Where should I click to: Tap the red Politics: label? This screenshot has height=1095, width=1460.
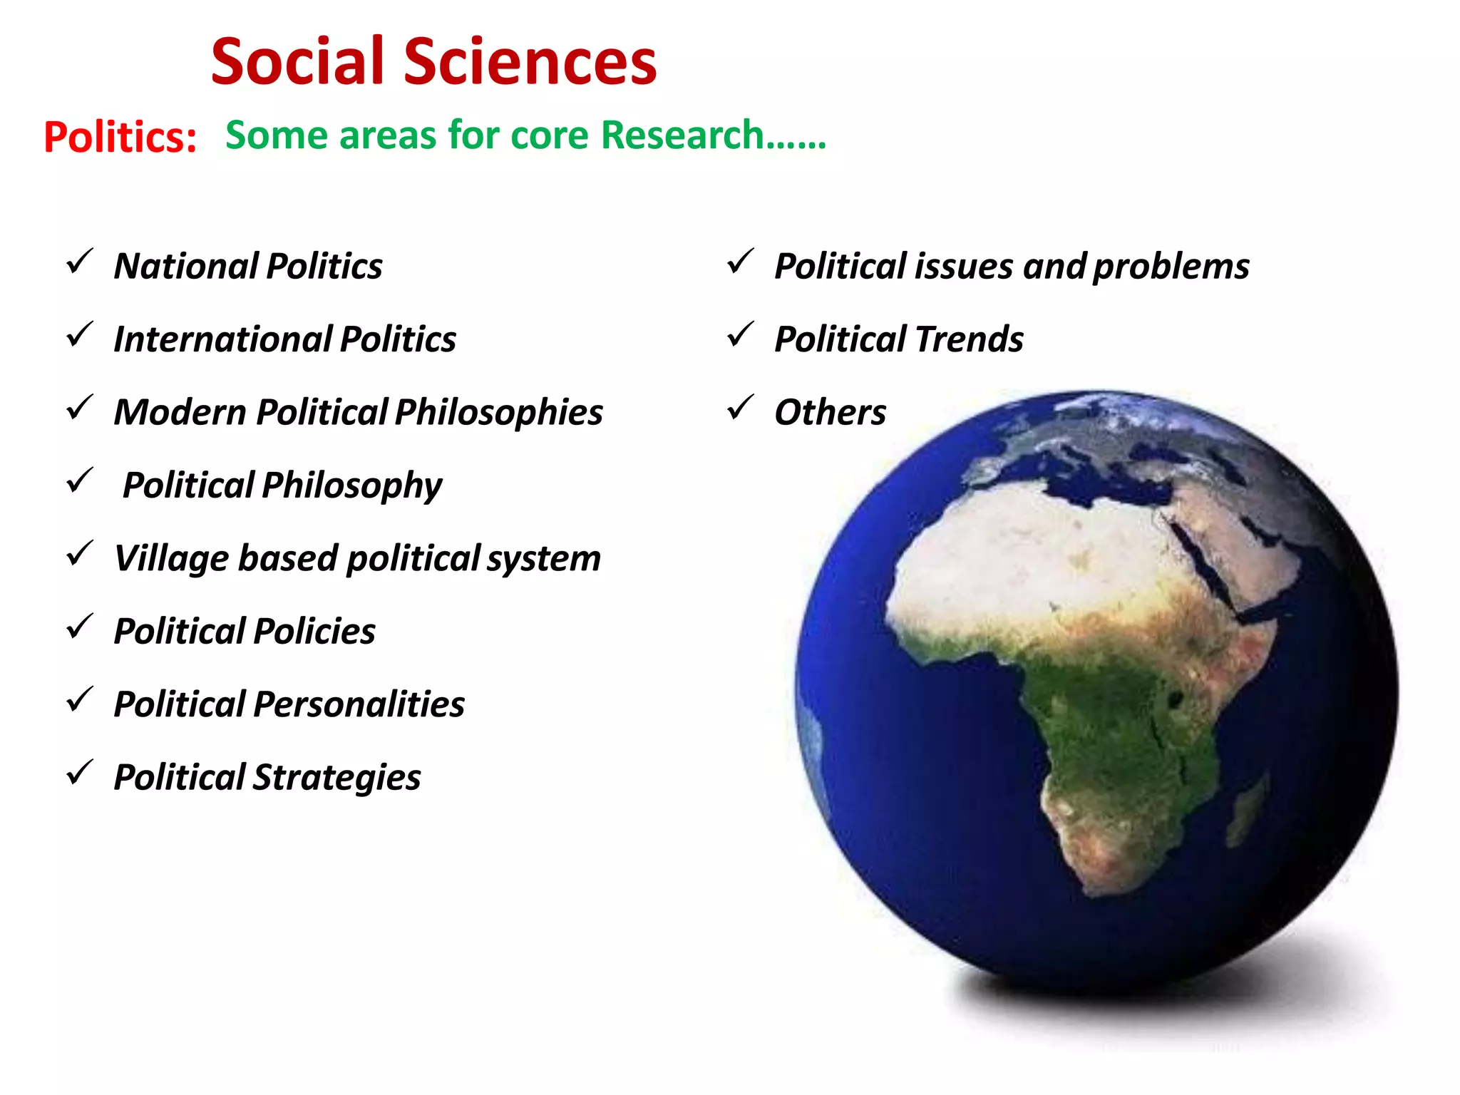pyautogui.click(x=120, y=136)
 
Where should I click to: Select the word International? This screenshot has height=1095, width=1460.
pyautogui.click(x=222, y=339)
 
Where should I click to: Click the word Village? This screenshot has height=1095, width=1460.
pyautogui.click(x=170, y=558)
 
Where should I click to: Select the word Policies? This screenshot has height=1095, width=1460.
pyautogui.click(x=314, y=631)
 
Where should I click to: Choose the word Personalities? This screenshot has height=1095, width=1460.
pyautogui.click(x=359, y=704)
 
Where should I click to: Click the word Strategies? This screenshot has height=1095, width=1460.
pyautogui.click(x=336, y=778)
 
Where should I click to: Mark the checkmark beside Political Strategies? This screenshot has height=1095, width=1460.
pyautogui.click(x=79, y=773)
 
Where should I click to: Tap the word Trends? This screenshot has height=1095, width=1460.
pyautogui.click(x=970, y=339)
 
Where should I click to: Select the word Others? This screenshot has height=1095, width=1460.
pyautogui.click(x=830, y=412)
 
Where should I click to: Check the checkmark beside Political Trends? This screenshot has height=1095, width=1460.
pyautogui.click(x=740, y=334)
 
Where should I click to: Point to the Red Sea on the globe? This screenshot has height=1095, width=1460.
pyautogui.click(x=1205, y=563)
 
